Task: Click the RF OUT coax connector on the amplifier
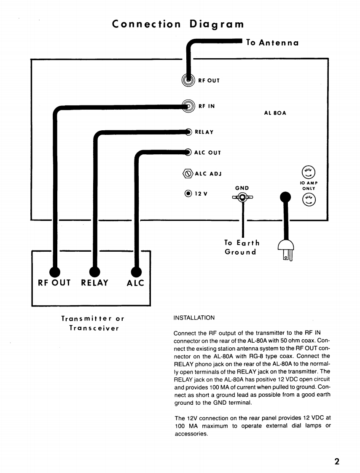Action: tap(188, 80)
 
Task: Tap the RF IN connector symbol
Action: tap(188, 106)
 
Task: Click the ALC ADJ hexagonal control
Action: tap(188, 173)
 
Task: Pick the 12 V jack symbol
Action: tap(188, 193)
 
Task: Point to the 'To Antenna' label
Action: tap(272, 43)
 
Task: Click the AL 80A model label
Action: tap(275, 113)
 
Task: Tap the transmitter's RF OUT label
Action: tap(54, 283)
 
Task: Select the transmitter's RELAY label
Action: tap(95, 283)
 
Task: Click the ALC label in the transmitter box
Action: tap(135, 283)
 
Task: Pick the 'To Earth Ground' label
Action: tap(242, 247)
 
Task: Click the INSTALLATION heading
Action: tap(194, 317)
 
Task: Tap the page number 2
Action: tap(337, 461)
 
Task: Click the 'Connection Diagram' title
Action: tap(178, 24)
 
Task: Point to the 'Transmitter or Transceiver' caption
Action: tap(93, 323)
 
